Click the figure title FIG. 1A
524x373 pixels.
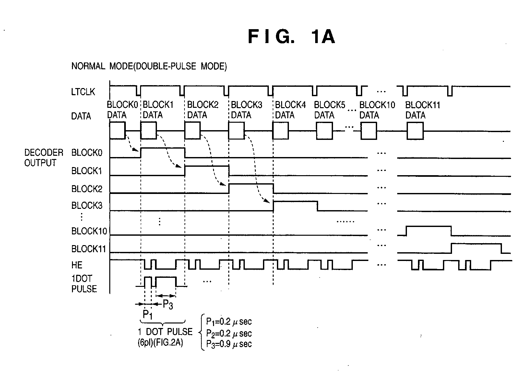pos(292,37)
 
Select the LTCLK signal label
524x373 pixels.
pos(83,92)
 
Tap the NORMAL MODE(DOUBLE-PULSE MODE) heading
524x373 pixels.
pos(149,66)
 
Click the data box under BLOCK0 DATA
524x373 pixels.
pos(117,130)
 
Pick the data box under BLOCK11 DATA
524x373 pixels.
pos(415,131)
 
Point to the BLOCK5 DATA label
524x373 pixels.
pos(329,110)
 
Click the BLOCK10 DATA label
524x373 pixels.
pos(377,110)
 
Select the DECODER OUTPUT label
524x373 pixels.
pos(44,158)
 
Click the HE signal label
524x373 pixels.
pos(77,265)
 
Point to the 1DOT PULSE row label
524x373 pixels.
pos(84,284)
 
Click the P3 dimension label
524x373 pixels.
pos(168,305)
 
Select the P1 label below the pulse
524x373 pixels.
pos(148,315)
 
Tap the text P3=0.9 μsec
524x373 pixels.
pos(229,344)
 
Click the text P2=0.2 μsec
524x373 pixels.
pos(229,333)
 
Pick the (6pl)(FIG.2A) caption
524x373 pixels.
pos(160,343)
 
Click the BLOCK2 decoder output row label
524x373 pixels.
pos(87,189)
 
